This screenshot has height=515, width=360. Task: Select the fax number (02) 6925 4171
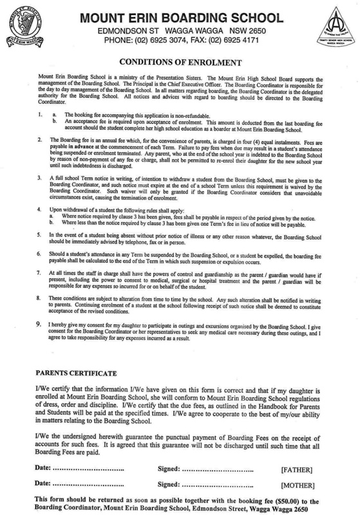239,41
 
